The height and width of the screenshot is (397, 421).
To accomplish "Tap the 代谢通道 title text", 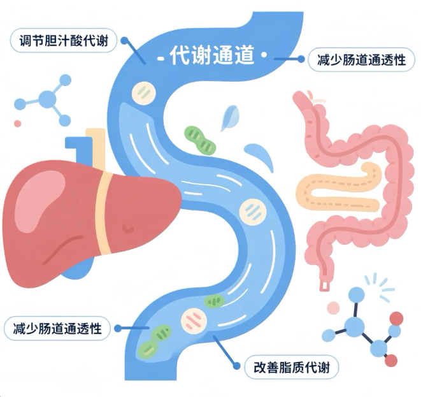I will coord(211,56).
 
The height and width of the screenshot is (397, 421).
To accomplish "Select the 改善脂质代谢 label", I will coord(292,367).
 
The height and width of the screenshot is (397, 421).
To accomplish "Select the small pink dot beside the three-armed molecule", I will coord(18,123).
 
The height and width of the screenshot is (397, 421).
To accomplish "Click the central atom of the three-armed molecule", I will coord(47,99).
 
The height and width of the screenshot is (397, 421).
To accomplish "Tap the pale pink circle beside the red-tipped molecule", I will coord(334,308).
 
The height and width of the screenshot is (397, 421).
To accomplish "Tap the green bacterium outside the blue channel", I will coord(199,140).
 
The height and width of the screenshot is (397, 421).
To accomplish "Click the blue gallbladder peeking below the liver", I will coord(75,268).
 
